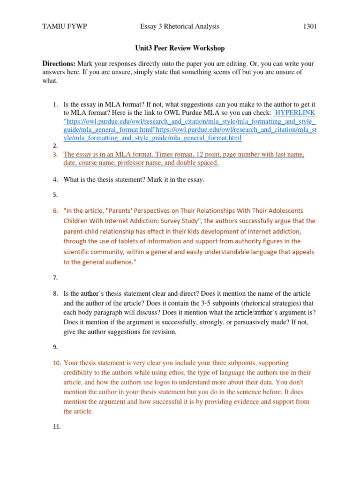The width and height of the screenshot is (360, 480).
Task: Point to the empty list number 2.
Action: click(x=55, y=146)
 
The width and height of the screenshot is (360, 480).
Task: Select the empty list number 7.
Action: click(x=55, y=277)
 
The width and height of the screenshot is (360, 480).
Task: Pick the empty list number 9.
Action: click(x=55, y=347)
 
